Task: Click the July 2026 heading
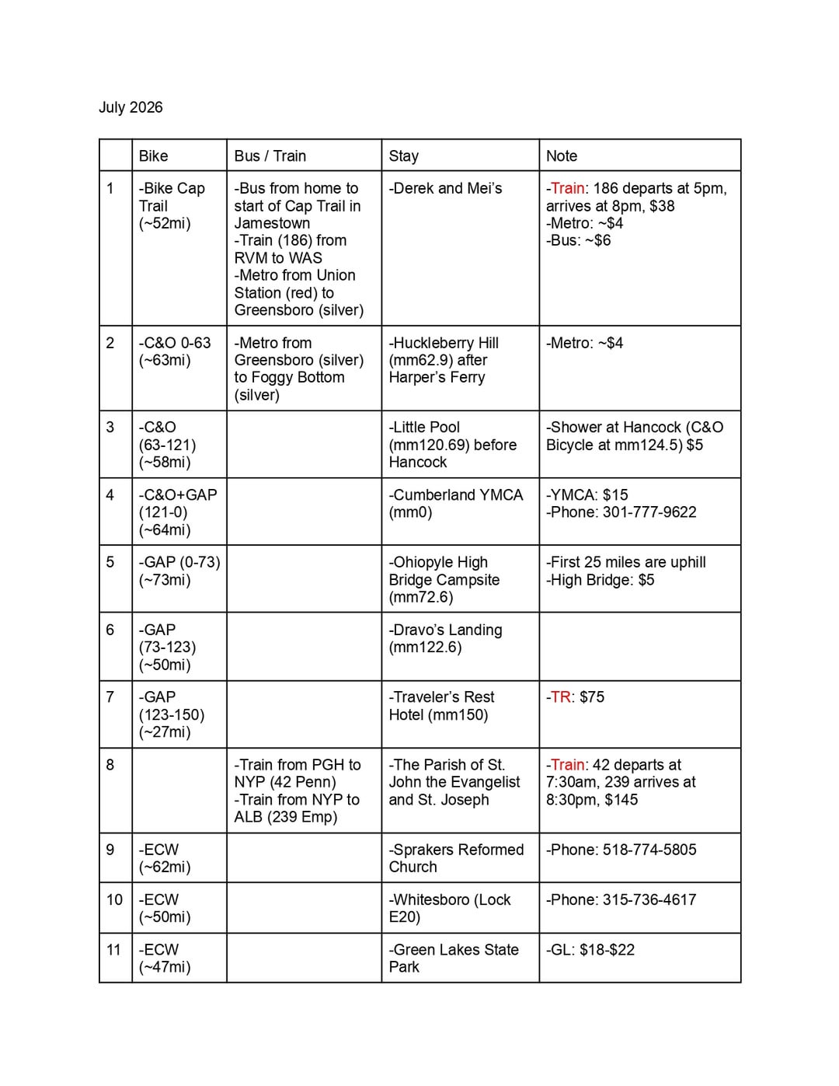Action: click(x=131, y=107)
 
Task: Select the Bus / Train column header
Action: click(x=270, y=155)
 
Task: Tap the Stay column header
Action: click(x=404, y=155)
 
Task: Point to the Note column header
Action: click(x=562, y=155)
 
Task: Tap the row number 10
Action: click(x=114, y=899)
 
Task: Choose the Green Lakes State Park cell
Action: click(x=454, y=958)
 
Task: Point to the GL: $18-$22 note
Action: click(x=590, y=949)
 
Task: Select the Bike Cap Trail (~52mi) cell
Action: click(x=172, y=205)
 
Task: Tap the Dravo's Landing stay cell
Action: click(x=446, y=638)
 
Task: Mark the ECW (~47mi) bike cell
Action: click(x=164, y=958)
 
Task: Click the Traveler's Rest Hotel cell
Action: click(x=442, y=705)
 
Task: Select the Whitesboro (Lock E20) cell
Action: click(x=450, y=908)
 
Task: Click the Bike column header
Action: click(x=154, y=155)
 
